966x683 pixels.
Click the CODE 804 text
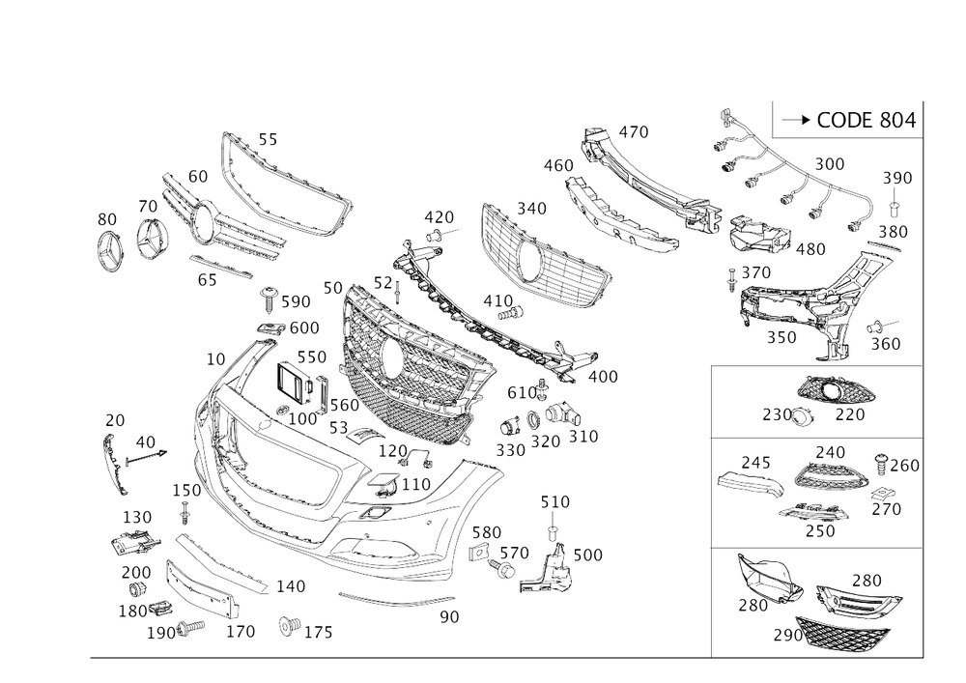click(867, 120)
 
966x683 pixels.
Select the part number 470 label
click(634, 131)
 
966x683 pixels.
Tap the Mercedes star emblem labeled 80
click(110, 250)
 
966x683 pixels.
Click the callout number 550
click(312, 357)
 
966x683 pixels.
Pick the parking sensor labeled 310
click(562, 413)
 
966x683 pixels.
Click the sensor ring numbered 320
click(532, 421)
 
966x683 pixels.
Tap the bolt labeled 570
click(502, 568)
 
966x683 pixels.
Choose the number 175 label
click(319, 633)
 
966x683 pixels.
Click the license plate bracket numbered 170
click(202, 588)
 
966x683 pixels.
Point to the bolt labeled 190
click(190, 628)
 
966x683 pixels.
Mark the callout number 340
click(531, 209)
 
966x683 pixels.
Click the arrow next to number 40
click(146, 456)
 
